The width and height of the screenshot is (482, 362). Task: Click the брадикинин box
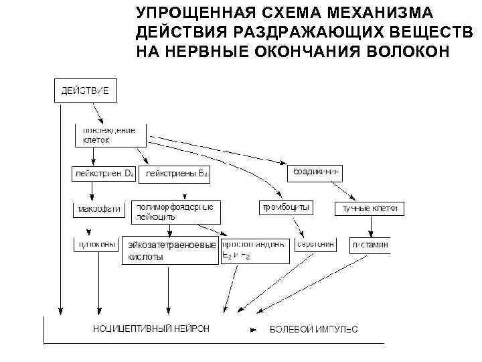(314, 172)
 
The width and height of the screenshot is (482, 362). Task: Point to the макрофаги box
(99, 208)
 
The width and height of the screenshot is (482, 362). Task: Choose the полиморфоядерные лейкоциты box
(175, 212)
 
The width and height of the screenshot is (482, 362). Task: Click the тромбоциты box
(285, 208)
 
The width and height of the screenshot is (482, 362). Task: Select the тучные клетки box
(370, 208)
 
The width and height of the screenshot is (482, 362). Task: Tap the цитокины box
(96, 245)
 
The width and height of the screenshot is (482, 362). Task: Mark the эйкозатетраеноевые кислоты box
(170, 250)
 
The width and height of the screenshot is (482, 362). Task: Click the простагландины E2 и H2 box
(256, 249)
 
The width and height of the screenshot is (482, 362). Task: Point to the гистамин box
(369, 245)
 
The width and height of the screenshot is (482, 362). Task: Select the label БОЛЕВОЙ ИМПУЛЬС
(313, 329)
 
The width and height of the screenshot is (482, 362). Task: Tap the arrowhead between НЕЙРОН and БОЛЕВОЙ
(252, 330)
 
